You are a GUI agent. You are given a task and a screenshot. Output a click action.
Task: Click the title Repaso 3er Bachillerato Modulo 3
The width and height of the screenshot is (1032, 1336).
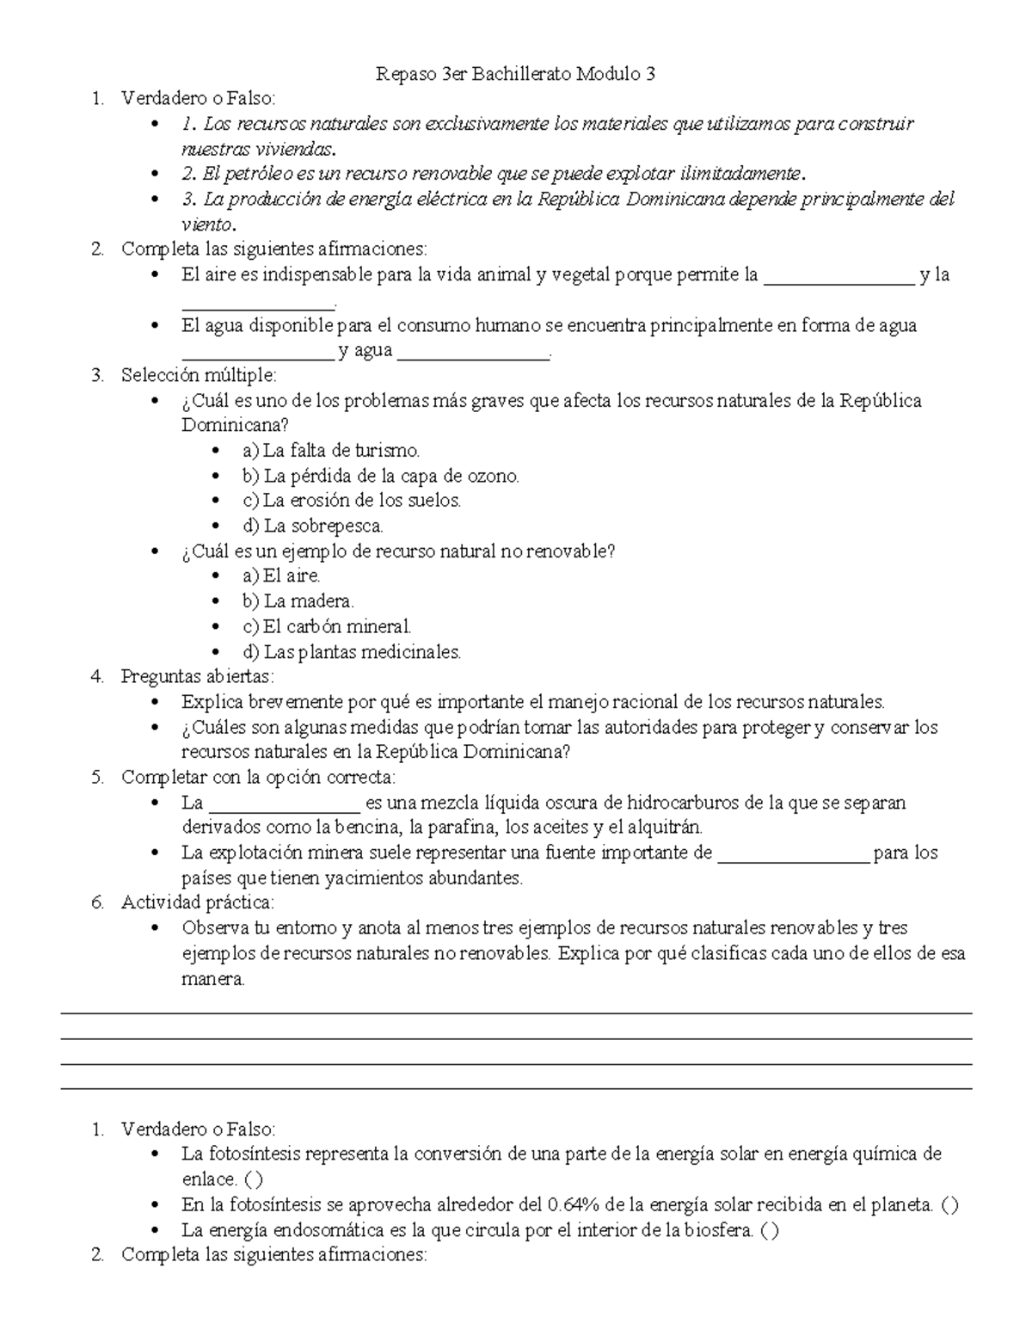(x=516, y=74)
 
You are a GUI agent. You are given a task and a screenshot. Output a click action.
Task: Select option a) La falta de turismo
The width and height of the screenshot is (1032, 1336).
(x=331, y=450)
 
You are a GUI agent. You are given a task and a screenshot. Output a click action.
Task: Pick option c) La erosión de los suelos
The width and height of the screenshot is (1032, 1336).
(x=352, y=501)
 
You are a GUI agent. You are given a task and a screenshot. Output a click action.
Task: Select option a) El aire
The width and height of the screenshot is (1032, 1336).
(x=281, y=576)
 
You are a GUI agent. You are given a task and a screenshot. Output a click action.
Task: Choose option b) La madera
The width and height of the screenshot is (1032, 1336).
(x=298, y=601)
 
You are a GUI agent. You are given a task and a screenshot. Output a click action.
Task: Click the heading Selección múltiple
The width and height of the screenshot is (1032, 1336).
(x=199, y=375)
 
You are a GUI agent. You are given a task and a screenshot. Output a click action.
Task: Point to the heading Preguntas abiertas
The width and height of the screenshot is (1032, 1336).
(x=197, y=677)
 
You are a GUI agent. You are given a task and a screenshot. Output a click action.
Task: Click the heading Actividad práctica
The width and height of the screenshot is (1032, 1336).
(x=198, y=902)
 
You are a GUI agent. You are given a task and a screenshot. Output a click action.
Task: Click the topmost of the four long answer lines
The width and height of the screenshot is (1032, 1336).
(x=516, y=1014)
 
